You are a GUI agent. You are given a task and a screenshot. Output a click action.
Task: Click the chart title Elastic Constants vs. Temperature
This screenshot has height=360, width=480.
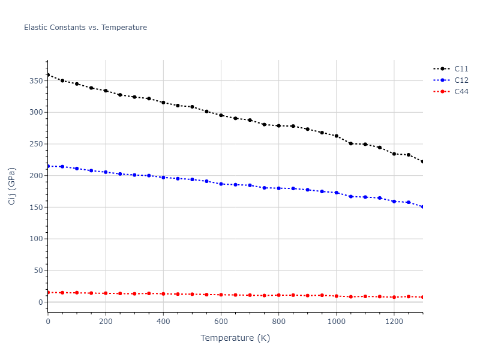85,28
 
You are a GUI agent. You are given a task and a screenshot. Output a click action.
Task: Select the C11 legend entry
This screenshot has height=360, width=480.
461,68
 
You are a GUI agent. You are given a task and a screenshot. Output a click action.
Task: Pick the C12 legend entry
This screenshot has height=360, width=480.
461,80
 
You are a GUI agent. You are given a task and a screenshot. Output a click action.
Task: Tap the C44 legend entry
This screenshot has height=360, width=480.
461,92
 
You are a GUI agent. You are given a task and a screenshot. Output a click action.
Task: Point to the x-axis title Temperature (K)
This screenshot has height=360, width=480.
235,338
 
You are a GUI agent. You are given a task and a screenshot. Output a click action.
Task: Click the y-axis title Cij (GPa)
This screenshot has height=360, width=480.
12,186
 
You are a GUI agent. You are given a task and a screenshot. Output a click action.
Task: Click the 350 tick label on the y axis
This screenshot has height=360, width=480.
35,81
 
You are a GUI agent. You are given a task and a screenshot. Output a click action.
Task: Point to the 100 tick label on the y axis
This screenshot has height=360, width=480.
35,239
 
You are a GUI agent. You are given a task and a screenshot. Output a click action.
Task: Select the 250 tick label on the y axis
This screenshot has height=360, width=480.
35,144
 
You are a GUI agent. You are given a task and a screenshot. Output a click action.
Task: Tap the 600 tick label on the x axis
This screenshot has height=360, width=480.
221,320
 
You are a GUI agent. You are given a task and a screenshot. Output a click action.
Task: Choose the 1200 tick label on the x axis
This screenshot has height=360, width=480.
394,320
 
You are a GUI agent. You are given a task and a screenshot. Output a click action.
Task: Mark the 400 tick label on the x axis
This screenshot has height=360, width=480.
163,320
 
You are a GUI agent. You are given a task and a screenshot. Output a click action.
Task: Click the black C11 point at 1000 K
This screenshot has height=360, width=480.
336,136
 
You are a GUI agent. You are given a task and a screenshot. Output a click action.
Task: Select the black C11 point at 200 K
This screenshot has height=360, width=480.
106,91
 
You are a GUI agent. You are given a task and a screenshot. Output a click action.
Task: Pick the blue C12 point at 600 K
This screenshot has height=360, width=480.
221,184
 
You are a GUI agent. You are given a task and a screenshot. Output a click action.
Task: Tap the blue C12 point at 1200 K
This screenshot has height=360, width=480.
394,202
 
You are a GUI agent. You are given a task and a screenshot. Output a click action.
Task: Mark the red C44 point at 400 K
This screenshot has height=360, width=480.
163,294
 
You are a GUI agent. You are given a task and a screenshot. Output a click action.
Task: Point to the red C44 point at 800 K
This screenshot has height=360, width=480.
278,295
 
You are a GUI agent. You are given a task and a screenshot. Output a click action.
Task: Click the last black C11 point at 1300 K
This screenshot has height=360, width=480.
422,162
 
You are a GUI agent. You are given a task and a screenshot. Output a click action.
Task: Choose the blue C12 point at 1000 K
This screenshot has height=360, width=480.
336,193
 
